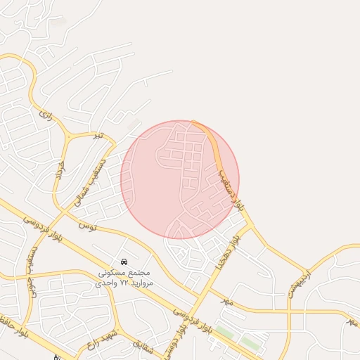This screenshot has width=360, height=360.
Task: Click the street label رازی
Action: tap(46, 114)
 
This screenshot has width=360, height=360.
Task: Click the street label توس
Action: tap(86, 226)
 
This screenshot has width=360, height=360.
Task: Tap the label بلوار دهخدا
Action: tap(240, 250)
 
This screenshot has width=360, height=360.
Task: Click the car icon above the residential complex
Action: tap(124, 262)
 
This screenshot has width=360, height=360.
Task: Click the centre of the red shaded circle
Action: tap(180, 179)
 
